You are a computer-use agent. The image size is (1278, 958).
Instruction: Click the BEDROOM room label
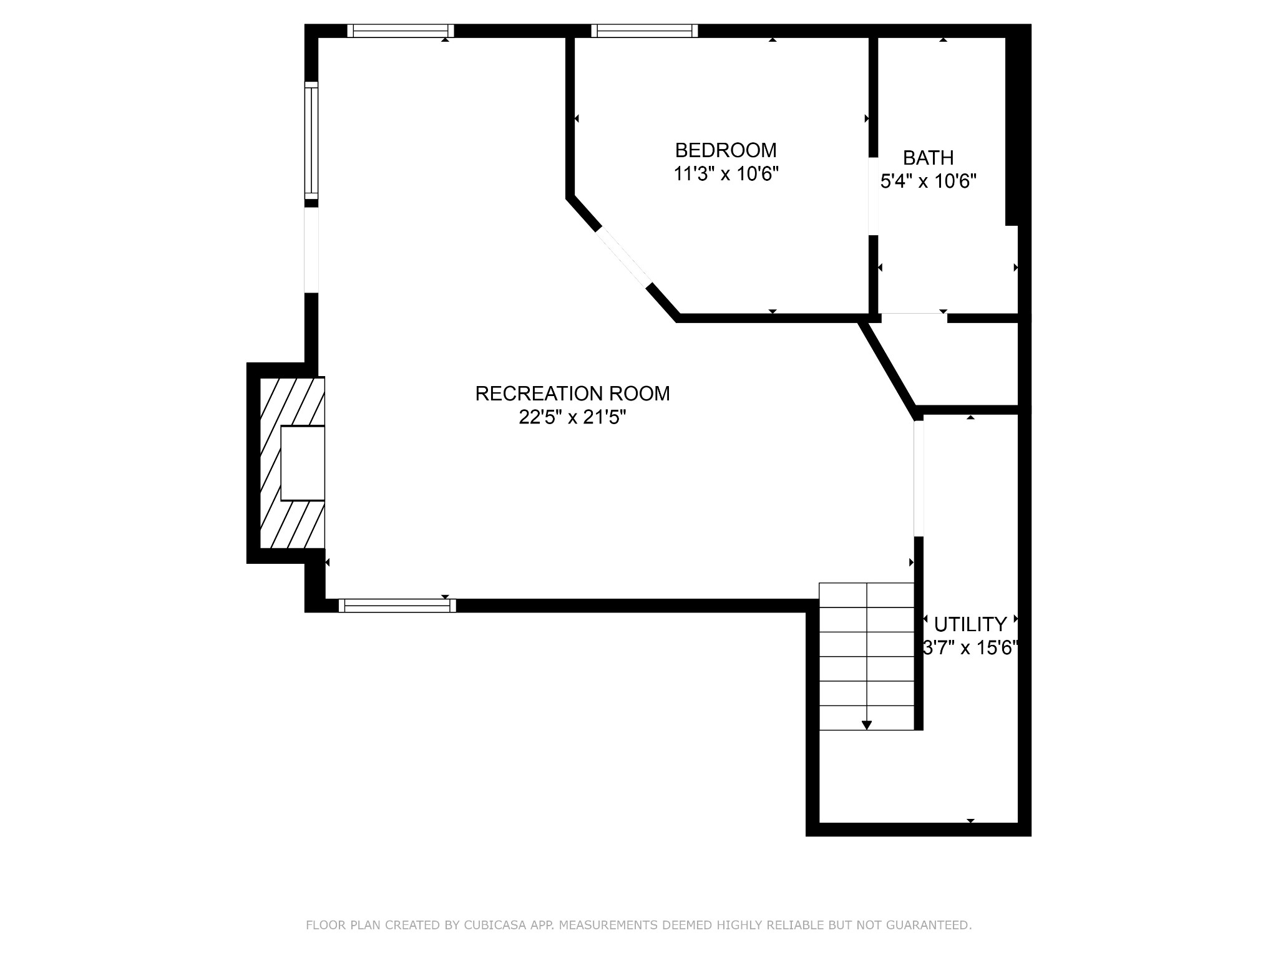click(x=726, y=150)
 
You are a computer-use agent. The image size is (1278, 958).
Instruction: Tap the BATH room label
click(x=929, y=158)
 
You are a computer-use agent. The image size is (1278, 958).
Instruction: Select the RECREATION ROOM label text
click(x=572, y=394)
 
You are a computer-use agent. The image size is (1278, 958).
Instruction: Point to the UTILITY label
click(x=970, y=624)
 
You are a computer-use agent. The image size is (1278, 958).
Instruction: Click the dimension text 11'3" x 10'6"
click(x=726, y=173)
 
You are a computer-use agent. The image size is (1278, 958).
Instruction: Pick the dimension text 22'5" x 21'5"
click(x=572, y=417)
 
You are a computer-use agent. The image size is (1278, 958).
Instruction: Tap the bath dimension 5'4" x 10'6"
click(x=929, y=181)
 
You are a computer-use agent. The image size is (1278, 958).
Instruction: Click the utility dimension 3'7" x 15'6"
click(x=970, y=649)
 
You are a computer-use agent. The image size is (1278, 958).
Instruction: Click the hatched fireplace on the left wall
click(x=292, y=463)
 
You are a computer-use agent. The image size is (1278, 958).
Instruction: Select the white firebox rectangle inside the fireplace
click(x=303, y=463)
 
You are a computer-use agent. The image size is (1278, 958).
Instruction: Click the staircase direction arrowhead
click(x=867, y=725)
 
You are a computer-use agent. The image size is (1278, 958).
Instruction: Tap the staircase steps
click(x=867, y=656)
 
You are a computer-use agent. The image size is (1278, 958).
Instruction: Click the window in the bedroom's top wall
click(x=645, y=31)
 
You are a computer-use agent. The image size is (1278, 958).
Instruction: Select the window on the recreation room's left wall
click(x=311, y=140)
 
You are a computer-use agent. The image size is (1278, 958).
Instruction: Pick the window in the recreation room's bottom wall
click(x=398, y=606)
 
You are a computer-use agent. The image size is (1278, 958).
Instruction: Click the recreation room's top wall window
click(x=401, y=31)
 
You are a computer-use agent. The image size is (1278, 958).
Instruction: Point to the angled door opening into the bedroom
click(x=624, y=257)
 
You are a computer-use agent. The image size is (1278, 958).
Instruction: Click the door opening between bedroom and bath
click(x=874, y=196)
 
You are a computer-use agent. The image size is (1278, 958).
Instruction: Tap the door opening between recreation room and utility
click(x=919, y=478)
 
